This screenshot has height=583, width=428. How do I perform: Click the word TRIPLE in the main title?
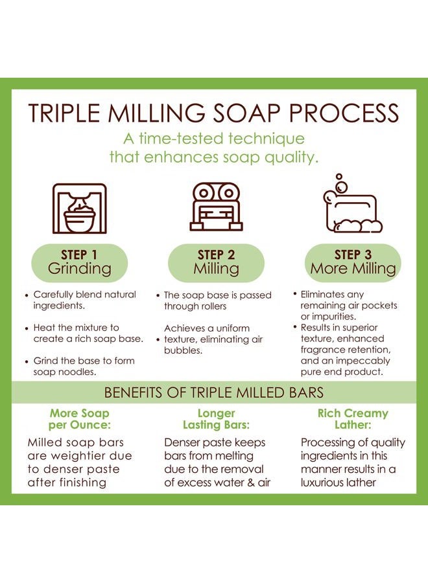point(64,113)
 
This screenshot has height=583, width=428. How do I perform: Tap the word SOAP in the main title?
point(247,113)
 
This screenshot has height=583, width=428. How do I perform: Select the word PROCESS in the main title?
point(344,113)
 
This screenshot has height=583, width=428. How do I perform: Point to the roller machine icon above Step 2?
point(216,207)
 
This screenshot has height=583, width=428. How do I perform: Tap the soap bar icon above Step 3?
point(352,204)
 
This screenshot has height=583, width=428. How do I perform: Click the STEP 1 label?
point(79,255)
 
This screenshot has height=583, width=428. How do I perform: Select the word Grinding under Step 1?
point(80,269)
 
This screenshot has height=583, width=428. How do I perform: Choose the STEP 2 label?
point(216,255)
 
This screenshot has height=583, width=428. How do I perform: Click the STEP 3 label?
point(353,255)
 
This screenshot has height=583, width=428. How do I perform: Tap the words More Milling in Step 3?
point(353,268)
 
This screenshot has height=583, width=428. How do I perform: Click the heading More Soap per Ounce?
point(80,419)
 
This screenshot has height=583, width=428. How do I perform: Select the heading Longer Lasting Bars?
point(216,419)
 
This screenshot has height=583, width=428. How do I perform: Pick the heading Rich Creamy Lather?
point(353,419)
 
